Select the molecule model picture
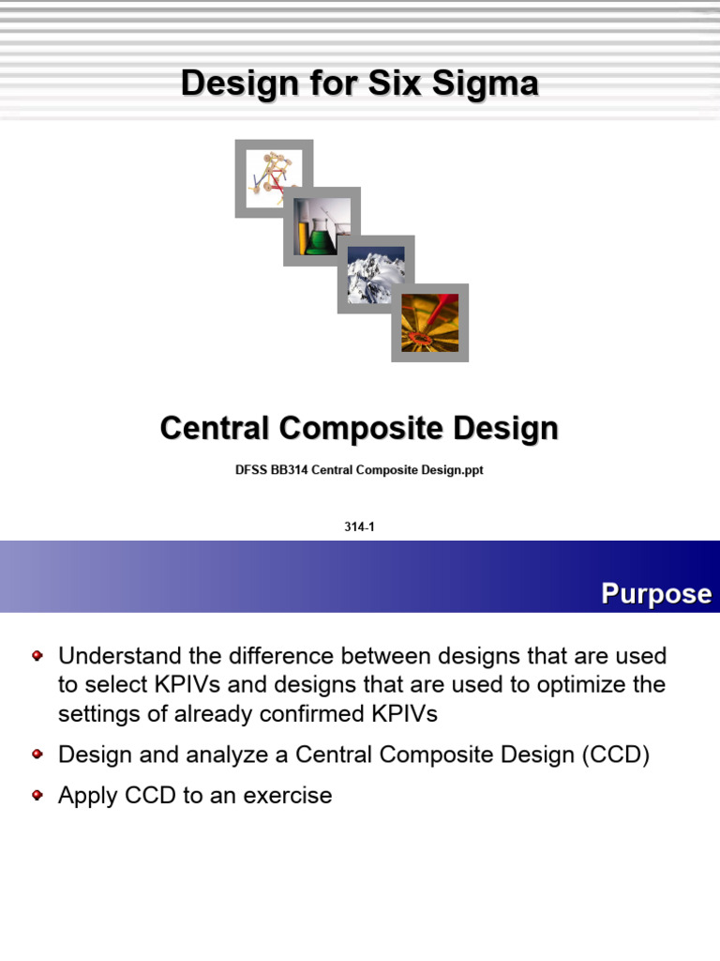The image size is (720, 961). point(274,178)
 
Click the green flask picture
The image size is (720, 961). point(322,226)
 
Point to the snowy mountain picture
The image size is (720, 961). point(376,275)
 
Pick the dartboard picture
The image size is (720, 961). point(430,323)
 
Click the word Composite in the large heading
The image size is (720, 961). point(360,429)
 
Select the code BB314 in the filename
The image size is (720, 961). point(289,471)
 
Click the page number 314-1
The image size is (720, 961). point(360,527)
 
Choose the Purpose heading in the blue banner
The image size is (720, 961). point(656,594)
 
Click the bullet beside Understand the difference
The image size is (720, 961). point(37,653)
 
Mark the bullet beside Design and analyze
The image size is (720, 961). point(37,753)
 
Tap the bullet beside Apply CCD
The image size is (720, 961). point(37,794)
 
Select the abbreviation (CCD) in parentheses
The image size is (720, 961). point(616,755)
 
